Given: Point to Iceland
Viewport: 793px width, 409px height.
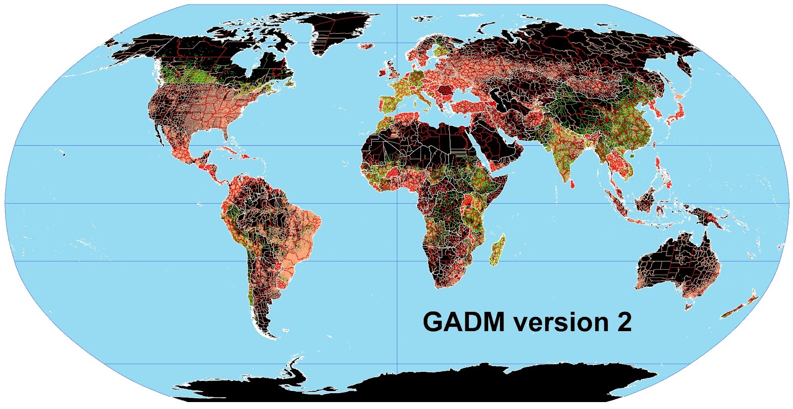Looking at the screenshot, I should tap(367, 46).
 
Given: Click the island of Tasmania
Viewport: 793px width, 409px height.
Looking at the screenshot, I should tap(688, 305).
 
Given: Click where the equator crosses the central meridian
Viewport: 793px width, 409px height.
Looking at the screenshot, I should tap(397, 203).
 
